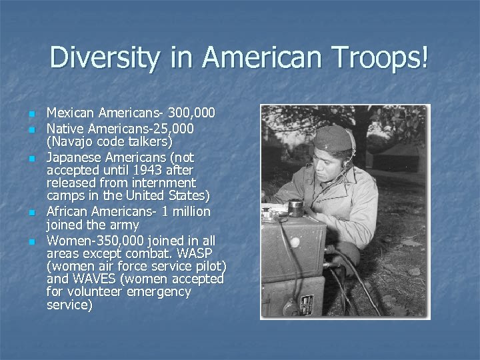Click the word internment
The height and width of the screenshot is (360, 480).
(x=167, y=182)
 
